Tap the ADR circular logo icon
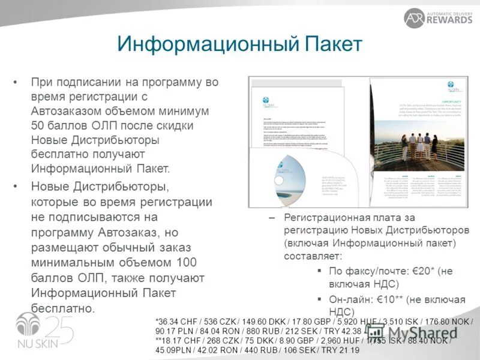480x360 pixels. [x=414, y=18]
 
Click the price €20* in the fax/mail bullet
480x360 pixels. [x=424, y=271]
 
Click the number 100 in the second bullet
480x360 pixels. [x=188, y=263]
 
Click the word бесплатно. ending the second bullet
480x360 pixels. [x=63, y=309]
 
